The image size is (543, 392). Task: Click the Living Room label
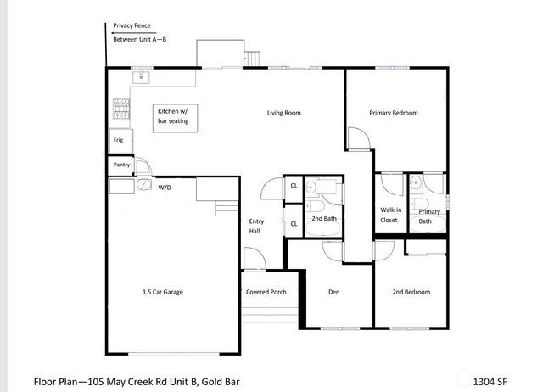coord(284,113)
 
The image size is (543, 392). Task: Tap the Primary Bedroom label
coord(393,113)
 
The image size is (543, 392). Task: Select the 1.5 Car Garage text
coord(163,292)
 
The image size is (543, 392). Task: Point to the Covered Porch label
coord(266,292)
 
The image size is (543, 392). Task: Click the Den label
coord(333,292)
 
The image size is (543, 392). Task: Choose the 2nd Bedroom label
coord(411,292)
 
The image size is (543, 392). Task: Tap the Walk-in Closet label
coord(389,215)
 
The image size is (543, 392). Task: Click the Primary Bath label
coord(429,216)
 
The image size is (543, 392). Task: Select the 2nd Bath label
coord(323,219)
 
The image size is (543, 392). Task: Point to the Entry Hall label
coord(255,226)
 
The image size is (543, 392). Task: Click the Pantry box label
coord(120,165)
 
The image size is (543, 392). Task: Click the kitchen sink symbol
coord(140,77)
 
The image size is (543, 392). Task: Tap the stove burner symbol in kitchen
coord(119,109)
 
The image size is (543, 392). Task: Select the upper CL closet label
coord(294,186)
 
